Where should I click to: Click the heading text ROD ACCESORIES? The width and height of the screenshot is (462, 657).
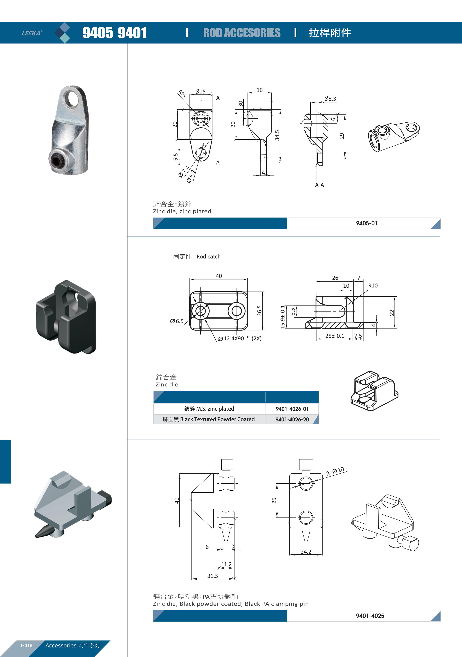point(242,33)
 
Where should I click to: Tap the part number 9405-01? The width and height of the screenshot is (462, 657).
point(367,223)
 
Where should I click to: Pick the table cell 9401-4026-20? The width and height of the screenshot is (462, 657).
point(292,419)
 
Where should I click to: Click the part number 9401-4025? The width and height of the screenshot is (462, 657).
point(370,616)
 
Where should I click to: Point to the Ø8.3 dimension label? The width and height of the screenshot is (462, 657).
point(330,99)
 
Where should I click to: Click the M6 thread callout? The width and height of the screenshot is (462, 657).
point(182,94)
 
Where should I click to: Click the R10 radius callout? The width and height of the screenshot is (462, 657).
point(373,286)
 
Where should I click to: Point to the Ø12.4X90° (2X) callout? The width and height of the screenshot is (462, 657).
point(240,339)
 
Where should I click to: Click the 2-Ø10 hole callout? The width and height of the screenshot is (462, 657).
point(335,471)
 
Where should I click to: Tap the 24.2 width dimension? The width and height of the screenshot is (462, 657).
point(306,552)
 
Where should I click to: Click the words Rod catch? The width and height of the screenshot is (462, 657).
point(208,257)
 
